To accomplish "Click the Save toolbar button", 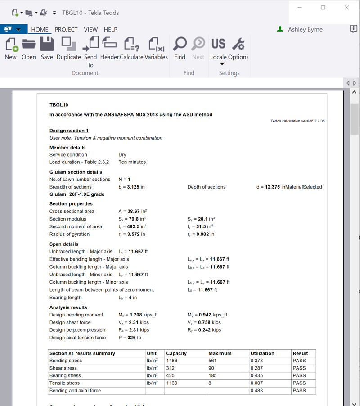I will [x=47, y=48].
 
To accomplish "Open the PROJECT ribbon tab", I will [x=66, y=30].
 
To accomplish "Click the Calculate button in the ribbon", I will [x=131, y=48].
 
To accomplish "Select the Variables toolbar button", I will [x=156, y=48].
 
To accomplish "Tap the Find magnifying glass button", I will [x=180, y=48].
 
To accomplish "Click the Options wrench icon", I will [x=238, y=48].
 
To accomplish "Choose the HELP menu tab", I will [x=110, y=30].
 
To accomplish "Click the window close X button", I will [x=346, y=8].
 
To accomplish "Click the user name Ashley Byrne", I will [x=305, y=30].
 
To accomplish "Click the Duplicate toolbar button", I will [x=69, y=48].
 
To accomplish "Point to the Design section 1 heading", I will [x=69, y=131].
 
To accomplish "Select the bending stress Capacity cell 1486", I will [x=172, y=361].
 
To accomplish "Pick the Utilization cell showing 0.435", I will [x=257, y=375].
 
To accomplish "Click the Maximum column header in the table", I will [x=220, y=353].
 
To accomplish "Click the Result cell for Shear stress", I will [x=299, y=368].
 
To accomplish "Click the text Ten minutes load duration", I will [x=132, y=162].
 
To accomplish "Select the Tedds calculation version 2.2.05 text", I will [x=297, y=121].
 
